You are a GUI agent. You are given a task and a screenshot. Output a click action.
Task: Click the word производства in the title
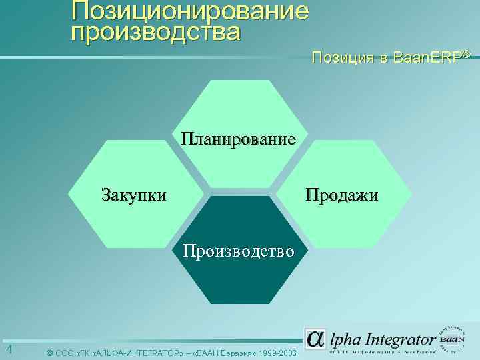tap(155, 31)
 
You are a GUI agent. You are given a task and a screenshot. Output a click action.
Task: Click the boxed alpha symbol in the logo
tap(315, 338)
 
